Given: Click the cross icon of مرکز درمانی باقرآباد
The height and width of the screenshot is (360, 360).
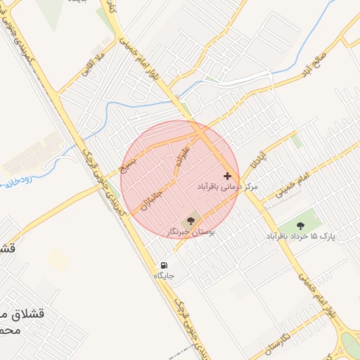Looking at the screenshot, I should click(227, 175).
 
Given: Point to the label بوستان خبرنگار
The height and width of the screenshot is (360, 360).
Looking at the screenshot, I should click(192, 231).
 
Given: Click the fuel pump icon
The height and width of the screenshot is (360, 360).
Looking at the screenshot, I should click(164, 266).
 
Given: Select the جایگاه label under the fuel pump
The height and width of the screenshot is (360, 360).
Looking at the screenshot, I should click(164, 276).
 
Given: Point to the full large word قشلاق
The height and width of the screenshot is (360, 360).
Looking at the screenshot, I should click(29, 314).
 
